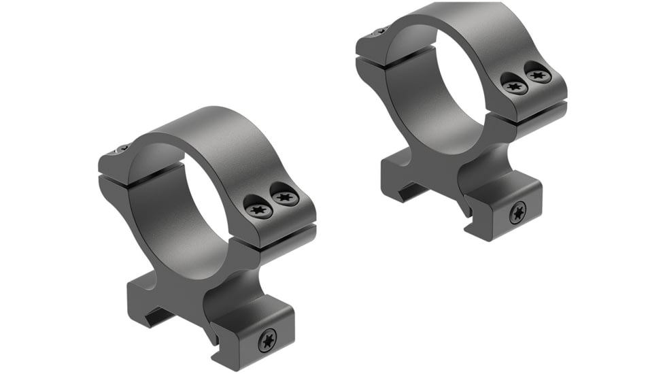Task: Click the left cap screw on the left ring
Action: tap(259, 209)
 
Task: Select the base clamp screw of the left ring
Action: tap(267, 339)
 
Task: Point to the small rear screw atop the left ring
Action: tap(122, 149)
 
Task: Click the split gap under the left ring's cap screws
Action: tap(279, 235)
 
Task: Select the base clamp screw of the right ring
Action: tap(517, 214)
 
